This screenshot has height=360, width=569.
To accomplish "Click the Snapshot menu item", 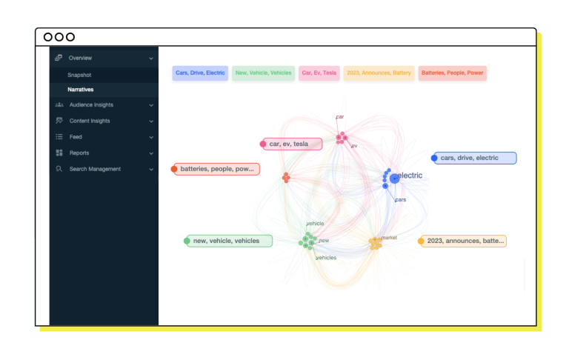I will (79, 75).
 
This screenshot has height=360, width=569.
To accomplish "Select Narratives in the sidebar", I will (81, 90).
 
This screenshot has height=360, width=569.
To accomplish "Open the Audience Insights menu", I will (91, 104).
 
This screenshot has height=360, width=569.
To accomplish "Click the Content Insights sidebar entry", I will (89, 121).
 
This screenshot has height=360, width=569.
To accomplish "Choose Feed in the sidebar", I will (76, 137).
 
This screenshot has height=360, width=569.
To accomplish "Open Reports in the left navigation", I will (79, 153).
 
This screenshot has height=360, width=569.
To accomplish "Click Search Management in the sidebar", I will (95, 169).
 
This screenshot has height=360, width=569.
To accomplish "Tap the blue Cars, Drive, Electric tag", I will (200, 73).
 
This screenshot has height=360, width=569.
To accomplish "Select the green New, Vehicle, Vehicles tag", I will (263, 73).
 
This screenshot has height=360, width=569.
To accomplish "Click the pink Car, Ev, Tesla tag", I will (319, 73).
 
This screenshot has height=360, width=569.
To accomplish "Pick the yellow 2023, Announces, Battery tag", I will (379, 73).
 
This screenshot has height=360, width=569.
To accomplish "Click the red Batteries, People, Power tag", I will (453, 73).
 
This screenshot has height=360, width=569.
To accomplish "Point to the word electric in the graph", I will (410, 176).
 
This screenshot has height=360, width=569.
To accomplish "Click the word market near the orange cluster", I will (390, 238).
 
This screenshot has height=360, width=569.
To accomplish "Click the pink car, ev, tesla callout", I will (293, 144).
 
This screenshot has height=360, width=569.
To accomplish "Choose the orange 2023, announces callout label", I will (465, 241).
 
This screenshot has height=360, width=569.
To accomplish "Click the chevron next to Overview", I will (151, 58).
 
